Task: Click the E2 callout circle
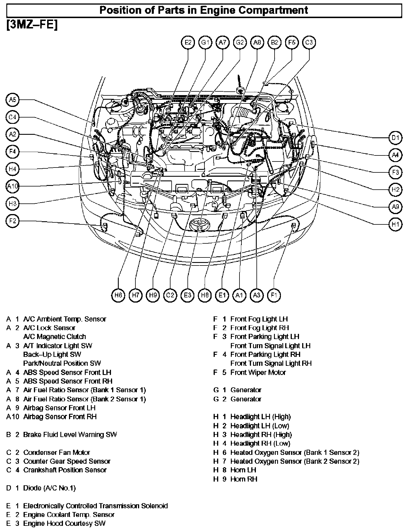(188, 43)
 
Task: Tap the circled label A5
(12, 100)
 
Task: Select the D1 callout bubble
(396, 138)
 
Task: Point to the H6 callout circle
(118, 295)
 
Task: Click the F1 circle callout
(274, 295)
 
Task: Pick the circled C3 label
(309, 43)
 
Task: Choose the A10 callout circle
(12, 186)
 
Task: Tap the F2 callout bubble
(12, 221)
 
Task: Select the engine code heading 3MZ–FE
(32, 25)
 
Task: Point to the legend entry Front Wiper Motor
(258, 372)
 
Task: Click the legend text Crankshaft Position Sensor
(65, 470)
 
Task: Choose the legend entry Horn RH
(244, 479)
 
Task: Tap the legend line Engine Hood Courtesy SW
(64, 523)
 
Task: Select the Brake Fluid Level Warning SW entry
(70, 434)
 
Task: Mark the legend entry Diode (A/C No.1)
(49, 488)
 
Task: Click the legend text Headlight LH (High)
(260, 417)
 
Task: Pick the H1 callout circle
(396, 224)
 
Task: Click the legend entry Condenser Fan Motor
(56, 452)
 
